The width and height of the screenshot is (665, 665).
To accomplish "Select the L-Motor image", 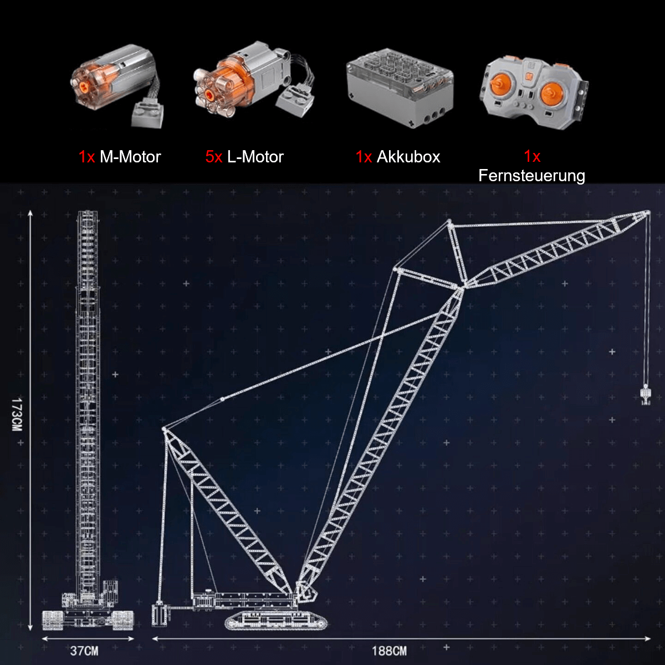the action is coord(254,79).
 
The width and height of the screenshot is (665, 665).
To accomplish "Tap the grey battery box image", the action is coord(400,88).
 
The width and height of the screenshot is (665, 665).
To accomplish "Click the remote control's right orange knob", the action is coord(552,94).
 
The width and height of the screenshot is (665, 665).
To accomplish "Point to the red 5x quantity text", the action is coord(213,157).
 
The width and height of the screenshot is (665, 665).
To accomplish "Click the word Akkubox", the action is coord(408,157).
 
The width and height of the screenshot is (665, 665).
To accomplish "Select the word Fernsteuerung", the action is coord(531,176).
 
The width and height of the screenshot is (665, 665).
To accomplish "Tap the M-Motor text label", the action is coord(130,157).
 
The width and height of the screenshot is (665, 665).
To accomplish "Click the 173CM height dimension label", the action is coord(17,414).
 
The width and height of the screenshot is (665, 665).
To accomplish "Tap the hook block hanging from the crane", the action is coord(646,395).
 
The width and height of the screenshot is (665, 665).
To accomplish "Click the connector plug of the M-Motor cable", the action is coord(147,114).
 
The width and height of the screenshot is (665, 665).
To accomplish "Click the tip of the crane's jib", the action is coord(648,213).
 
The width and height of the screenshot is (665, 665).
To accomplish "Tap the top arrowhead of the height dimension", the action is coord(30,213).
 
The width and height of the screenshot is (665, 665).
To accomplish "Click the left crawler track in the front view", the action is coord(53,620).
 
